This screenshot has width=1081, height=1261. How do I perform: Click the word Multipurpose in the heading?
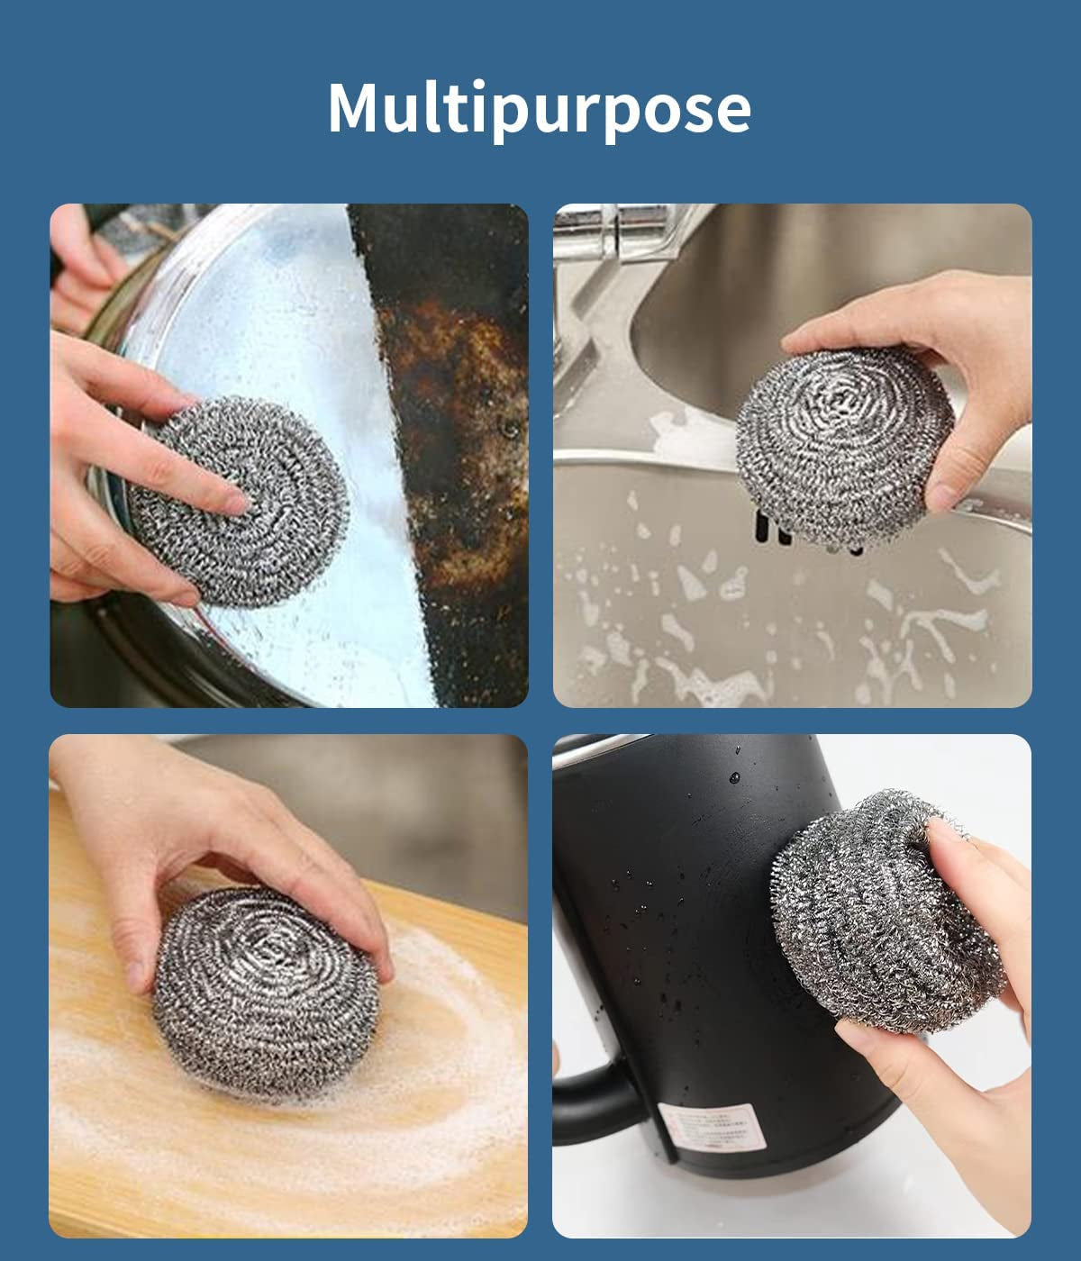[x=539, y=108]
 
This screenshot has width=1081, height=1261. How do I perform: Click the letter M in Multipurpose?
[x=356, y=108]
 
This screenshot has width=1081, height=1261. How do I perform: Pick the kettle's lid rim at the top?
[x=631, y=745]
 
